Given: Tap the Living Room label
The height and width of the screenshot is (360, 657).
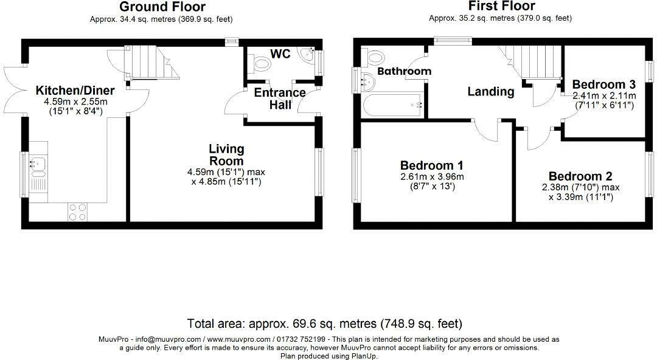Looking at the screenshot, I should [226, 154].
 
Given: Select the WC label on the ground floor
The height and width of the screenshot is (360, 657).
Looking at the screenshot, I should [280, 55].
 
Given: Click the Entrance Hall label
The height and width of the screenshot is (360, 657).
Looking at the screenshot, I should [279, 99].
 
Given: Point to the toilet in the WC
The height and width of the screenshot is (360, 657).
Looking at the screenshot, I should [262, 63].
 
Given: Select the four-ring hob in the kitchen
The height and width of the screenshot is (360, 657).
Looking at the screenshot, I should [77, 212].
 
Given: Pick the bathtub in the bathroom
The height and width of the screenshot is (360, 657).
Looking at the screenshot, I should [392, 106].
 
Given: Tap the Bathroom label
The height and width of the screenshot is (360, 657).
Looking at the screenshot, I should [404, 71].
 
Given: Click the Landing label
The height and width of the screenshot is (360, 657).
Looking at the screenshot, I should [490, 92].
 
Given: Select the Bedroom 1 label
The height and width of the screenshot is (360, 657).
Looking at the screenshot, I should [432, 165].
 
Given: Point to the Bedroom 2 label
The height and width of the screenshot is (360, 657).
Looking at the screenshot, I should [580, 176].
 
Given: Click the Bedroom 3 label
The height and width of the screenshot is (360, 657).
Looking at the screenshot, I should [604, 85].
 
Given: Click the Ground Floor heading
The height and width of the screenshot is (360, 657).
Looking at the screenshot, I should [162, 7].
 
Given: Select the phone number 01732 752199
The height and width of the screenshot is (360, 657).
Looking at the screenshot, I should [302, 339].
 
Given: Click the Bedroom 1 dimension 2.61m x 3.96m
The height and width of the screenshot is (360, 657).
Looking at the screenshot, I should [432, 177].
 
